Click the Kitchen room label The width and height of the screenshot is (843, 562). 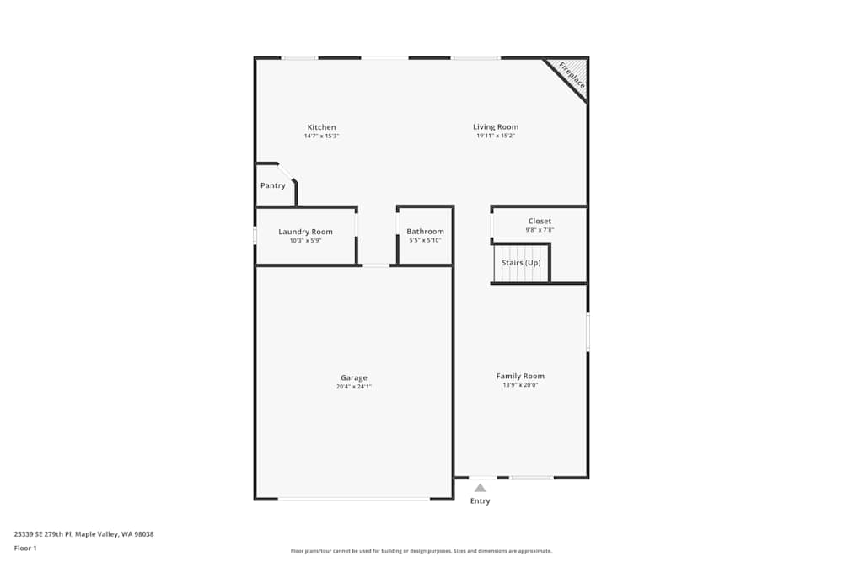[x=321, y=127]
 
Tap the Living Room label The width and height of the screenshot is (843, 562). [x=496, y=126]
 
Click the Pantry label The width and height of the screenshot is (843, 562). [x=272, y=185]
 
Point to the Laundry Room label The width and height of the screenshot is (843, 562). [x=305, y=232]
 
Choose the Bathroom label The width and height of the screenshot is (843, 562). [x=425, y=232]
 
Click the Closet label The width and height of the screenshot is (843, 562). [x=540, y=221]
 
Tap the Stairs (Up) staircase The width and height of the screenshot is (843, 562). [x=521, y=263]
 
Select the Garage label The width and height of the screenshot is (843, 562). [x=354, y=377]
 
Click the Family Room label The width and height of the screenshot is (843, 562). [x=520, y=376]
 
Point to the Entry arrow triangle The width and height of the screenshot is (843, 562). [x=480, y=487]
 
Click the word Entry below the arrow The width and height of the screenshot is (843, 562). [x=480, y=501]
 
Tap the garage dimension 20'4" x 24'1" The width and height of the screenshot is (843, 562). [x=354, y=387]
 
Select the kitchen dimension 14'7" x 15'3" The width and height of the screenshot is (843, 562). [x=321, y=136]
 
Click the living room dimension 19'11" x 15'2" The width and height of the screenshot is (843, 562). [x=496, y=136]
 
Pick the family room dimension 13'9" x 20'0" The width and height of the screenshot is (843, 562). [x=520, y=385]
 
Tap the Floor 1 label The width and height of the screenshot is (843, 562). [x=25, y=548]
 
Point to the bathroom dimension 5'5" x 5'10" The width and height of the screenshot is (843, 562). [x=425, y=240]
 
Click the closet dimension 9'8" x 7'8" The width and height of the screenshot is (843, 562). [x=540, y=229]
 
